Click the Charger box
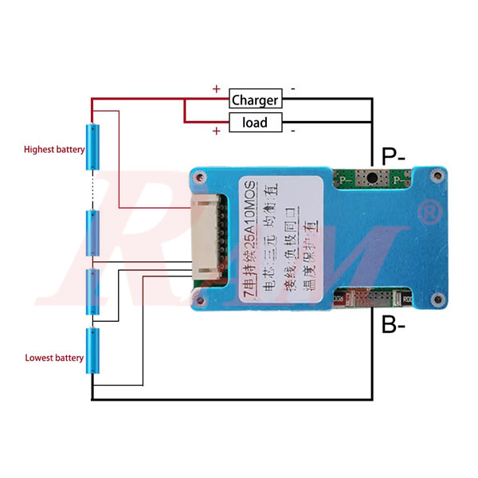pyautogui.click(x=255, y=100)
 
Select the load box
pyautogui.click(x=255, y=123)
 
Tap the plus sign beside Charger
pyautogui.click(x=216, y=89)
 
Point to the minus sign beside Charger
pyautogui.click(x=293, y=89)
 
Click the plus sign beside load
pyautogui.click(x=216, y=131)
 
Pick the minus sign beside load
pyautogui.click(x=293, y=130)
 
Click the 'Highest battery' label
pyautogui.click(x=53, y=149)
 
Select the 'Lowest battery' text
pyautogui.click(x=53, y=358)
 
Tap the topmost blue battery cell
pyautogui.click(x=93, y=146)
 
